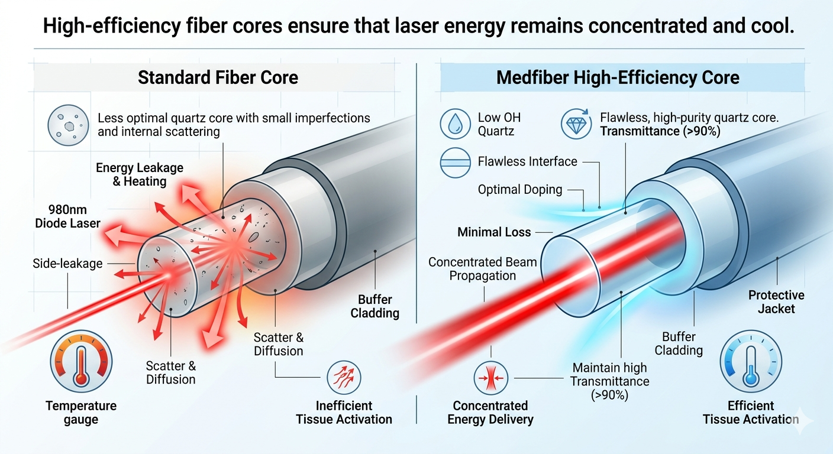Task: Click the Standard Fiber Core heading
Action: coord(218,77)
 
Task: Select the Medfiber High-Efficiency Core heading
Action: coord(618,77)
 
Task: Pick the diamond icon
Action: coord(576,124)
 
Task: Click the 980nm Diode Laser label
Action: coord(67,216)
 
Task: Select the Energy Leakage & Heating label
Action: coord(140,174)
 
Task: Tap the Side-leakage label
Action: coord(67,264)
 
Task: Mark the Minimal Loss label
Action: coord(494,232)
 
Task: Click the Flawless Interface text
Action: coord(527,161)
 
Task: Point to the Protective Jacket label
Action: coord(776,301)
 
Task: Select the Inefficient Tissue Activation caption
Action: coord(344,413)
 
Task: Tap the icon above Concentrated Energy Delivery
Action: coord(490,377)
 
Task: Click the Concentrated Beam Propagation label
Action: coord(482,268)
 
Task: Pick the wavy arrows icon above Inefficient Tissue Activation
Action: coord(344,377)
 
